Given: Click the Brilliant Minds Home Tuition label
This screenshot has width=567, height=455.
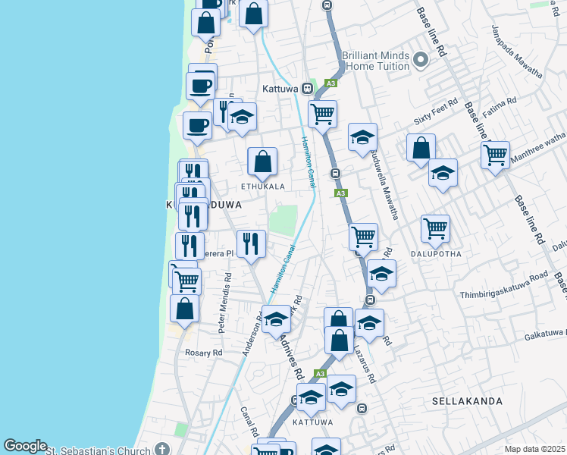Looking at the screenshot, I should [376, 61].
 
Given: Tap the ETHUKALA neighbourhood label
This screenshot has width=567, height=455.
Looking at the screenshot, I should [263, 186].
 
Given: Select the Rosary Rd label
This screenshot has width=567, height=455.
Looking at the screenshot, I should [204, 353].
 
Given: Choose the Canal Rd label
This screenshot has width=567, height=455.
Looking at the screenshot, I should [249, 422].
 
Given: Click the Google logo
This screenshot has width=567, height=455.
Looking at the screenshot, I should [25, 446].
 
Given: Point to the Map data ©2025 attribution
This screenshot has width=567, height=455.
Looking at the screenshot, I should [534, 449].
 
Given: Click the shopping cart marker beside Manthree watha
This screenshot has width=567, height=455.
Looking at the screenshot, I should [495, 155].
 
